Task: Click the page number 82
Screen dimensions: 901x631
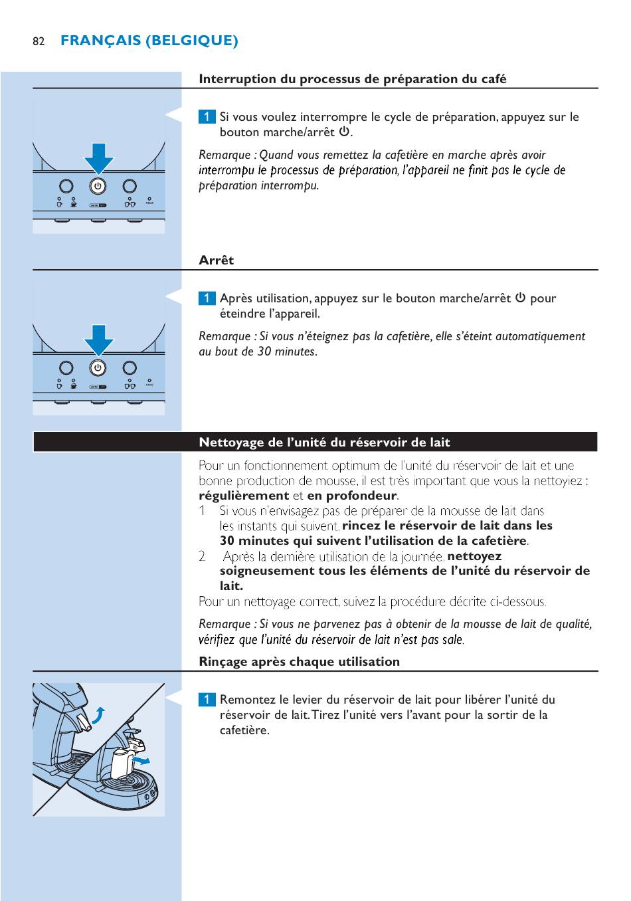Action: [39, 41]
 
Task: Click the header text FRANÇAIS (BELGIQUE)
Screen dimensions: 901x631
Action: [149, 41]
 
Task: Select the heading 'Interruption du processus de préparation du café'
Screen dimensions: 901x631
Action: [352, 79]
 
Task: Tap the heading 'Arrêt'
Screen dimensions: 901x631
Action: [216, 260]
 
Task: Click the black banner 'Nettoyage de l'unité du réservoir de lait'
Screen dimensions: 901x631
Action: [324, 443]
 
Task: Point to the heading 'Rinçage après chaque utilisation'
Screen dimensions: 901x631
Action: [299, 662]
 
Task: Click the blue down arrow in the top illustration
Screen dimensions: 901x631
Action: [98, 157]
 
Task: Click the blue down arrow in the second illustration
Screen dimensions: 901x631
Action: [98, 339]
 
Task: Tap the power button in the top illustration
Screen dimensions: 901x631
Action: [98, 186]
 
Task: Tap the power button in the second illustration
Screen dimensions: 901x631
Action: [98, 367]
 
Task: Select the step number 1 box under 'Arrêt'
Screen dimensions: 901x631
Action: [207, 298]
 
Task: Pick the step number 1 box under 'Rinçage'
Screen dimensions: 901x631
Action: [207, 700]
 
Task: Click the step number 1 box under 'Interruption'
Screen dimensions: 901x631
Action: [207, 117]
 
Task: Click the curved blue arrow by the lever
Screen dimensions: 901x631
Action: [98, 716]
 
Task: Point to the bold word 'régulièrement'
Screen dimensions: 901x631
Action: [244, 496]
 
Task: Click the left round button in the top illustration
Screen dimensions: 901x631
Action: [66, 186]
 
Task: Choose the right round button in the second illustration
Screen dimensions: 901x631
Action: [130, 367]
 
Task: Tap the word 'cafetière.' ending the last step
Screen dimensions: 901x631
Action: [244, 730]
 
